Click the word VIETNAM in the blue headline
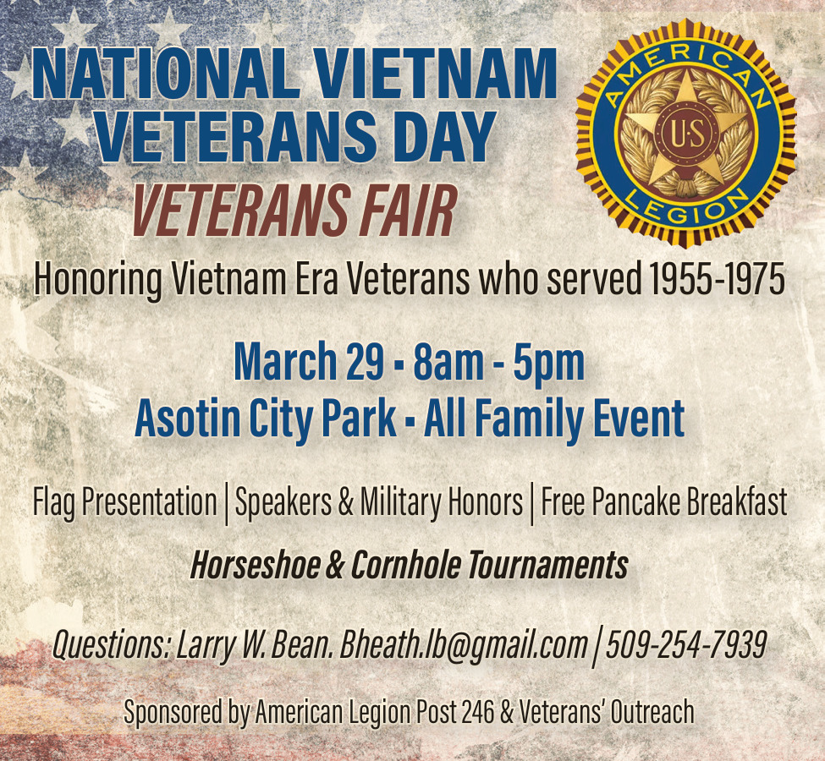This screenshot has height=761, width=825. coord(436,73)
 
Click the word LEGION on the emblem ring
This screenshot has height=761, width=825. coord(686,208)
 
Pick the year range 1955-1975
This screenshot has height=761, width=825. coord(717,279)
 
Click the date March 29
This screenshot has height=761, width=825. coord(309,362)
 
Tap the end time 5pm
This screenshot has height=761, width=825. coord(549,363)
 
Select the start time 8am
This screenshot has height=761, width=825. coord(448,362)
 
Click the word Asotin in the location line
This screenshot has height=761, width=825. coord(187,418)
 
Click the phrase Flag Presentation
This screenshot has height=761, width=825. coord(125,502)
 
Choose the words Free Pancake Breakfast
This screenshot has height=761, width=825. coord(664,501)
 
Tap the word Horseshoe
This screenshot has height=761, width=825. coord(256,565)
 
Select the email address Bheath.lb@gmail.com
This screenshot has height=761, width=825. coord(463,645)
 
